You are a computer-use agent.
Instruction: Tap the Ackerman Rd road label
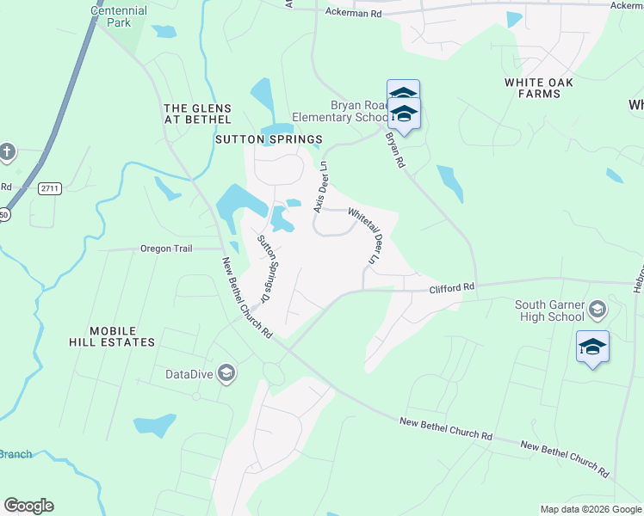click(353, 14)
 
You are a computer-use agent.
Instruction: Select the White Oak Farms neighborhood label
click(532, 88)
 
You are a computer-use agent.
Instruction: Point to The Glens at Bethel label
click(198, 114)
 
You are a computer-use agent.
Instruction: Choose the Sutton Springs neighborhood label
click(269, 138)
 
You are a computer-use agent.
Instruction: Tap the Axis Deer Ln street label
click(320, 186)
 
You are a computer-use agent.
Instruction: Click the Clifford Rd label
click(452, 290)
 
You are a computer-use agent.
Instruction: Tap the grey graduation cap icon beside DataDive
click(226, 372)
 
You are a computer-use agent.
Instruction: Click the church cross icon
click(8, 152)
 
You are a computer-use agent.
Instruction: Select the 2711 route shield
click(51, 187)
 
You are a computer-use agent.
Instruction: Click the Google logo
click(28, 506)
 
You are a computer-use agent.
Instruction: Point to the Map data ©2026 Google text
click(590, 509)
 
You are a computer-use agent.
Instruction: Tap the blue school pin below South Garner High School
click(592, 347)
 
